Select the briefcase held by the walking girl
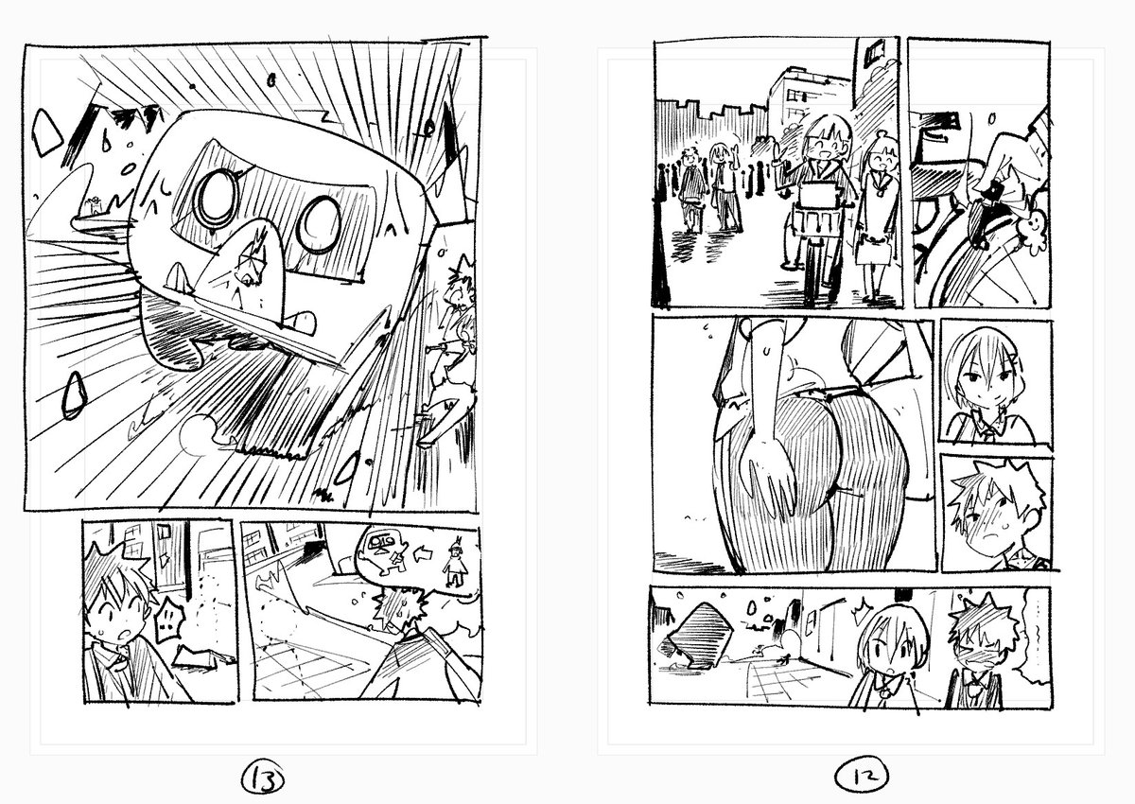875,250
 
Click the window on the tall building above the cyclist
870,50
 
